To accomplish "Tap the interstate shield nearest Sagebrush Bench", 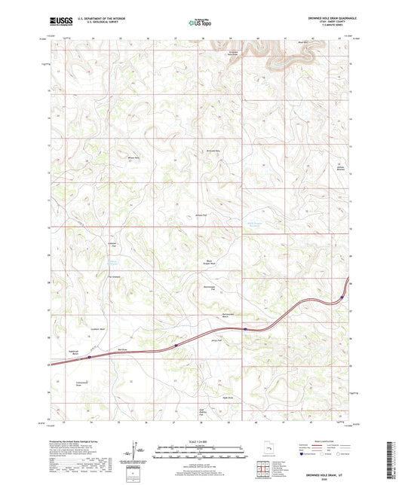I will (x=89, y=358).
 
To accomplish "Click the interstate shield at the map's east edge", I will (x=342, y=296).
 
